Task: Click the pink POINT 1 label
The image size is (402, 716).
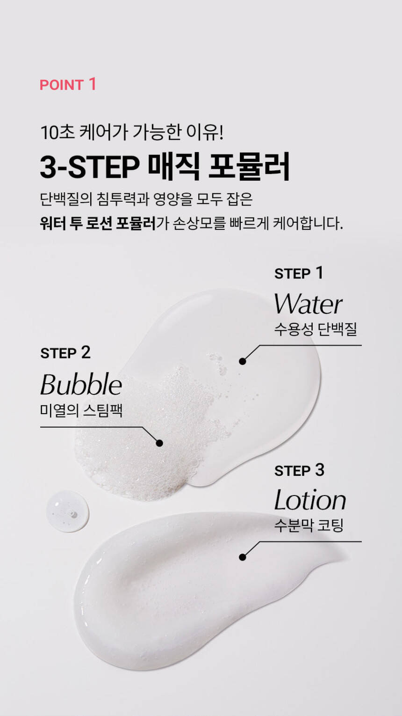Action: [x=68, y=84]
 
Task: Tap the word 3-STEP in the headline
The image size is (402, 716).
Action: [x=90, y=167]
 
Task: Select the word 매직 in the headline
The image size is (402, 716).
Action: [x=174, y=166]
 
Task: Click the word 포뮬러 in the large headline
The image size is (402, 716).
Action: [x=249, y=166]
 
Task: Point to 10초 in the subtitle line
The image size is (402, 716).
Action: [x=57, y=132]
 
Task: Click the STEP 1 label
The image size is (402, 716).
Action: [x=299, y=273]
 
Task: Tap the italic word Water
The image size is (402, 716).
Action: [x=309, y=304]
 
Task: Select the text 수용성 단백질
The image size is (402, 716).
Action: [x=316, y=329]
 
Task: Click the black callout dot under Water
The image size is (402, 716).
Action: [x=243, y=361]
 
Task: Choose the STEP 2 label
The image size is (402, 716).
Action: [x=65, y=353]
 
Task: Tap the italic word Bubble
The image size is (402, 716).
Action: [x=81, y=384]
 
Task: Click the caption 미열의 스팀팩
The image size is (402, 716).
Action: [x=81, y=410]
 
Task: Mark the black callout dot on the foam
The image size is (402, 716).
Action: [x=159, y=443]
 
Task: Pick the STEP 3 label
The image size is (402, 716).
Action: [x=300, y=470]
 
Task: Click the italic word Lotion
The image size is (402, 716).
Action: [x=310, y=500]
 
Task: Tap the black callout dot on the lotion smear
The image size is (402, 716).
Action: [x=243, y=557]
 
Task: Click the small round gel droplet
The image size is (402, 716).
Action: [x=68, y=511]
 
